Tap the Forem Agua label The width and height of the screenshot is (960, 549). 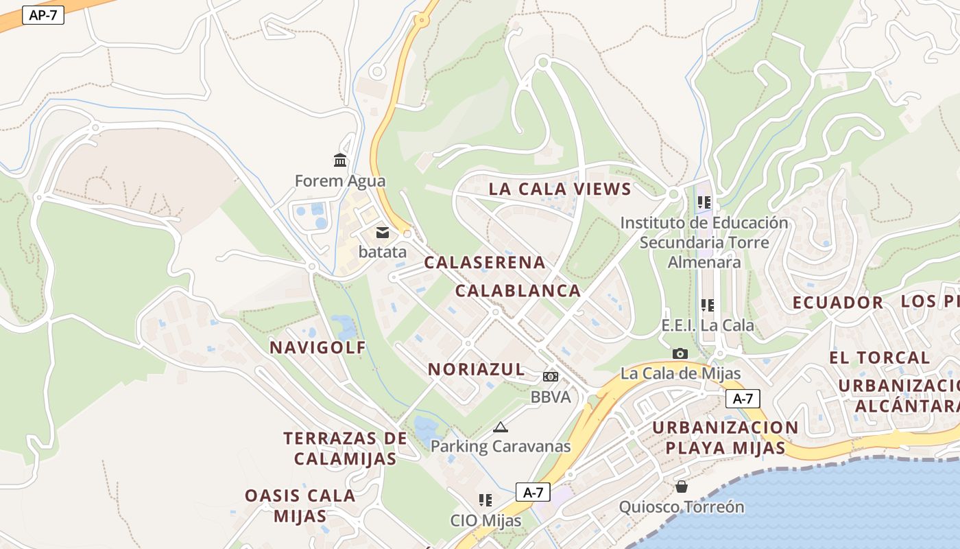[x=340, y=181]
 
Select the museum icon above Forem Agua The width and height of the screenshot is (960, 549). [x=340, y=161]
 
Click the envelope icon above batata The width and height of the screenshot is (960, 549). [x=383, y=232]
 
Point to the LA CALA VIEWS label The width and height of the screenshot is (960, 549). [x=560, y=189]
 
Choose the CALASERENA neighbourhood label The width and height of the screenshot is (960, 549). [x=485, y=263]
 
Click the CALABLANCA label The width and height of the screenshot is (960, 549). [x=518, y=291]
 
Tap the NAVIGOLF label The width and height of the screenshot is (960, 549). [x=318, y=347]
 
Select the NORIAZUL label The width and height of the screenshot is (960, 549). [x=477, y=369]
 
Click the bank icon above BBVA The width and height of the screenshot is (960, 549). [x=551, y=377]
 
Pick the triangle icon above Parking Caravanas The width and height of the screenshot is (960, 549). [x=501, y=427]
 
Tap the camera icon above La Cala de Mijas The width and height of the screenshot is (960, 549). [x=680, y=353]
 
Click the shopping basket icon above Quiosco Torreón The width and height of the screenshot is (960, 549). [x=682, y=487]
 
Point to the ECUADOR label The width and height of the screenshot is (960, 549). [x=838, y=303]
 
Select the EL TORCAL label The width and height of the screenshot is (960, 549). [x=880, y=358]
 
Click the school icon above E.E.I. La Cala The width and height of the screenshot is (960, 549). [x=708, y=305]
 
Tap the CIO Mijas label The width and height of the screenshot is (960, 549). [x=485, y=520]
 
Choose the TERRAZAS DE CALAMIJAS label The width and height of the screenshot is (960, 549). [x=345, y=448]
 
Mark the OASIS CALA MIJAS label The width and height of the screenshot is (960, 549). [x=300, y=505]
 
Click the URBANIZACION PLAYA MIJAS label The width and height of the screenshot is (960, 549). [x=725, y=438]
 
